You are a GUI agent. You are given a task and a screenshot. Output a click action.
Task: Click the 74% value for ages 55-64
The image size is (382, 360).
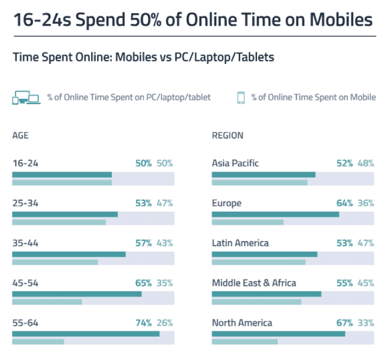143,323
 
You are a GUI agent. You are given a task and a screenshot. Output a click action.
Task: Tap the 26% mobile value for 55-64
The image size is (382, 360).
165,323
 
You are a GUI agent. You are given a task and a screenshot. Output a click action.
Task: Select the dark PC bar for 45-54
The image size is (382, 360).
77,294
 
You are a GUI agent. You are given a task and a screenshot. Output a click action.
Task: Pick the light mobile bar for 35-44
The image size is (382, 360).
55,262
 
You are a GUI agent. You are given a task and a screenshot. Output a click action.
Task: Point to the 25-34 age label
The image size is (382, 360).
25,203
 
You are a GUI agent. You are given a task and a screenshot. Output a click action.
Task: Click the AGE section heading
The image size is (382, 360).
20,136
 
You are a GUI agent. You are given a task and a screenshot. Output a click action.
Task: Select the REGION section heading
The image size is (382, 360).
228,136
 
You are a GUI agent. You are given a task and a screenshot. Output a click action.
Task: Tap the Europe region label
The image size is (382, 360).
226,203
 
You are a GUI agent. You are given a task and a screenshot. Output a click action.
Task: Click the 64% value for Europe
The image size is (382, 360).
344,203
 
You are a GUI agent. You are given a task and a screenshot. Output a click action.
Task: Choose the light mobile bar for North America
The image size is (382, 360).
244,341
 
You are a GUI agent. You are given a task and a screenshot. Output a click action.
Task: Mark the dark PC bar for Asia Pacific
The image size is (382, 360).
263,175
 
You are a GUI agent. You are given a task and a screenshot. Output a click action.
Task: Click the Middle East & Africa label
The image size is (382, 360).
254,283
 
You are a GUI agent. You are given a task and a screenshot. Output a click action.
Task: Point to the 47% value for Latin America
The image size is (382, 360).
366,243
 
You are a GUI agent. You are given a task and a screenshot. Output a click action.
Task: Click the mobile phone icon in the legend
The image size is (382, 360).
241,97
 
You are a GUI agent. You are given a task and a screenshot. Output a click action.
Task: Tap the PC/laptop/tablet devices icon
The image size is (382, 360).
26,98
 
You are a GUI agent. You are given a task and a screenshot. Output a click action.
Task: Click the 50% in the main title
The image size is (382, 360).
147,20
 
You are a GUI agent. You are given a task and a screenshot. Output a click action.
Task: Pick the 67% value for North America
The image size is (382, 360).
344,323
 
